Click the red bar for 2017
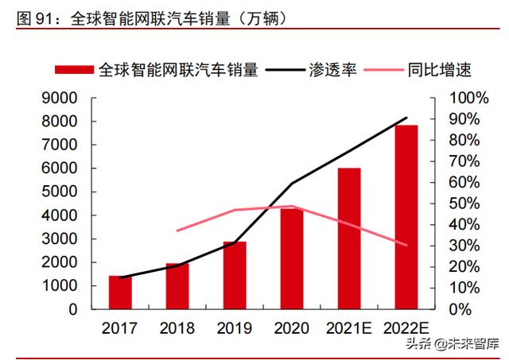[x=120, y=292]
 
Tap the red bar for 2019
[x=235, y=275]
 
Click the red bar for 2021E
[x=349, y=238]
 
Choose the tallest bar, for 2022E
[x=406, y=217]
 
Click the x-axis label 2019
[x=235, y=327]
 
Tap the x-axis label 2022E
[x=406, y=327]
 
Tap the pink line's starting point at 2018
[x=177, y=230]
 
